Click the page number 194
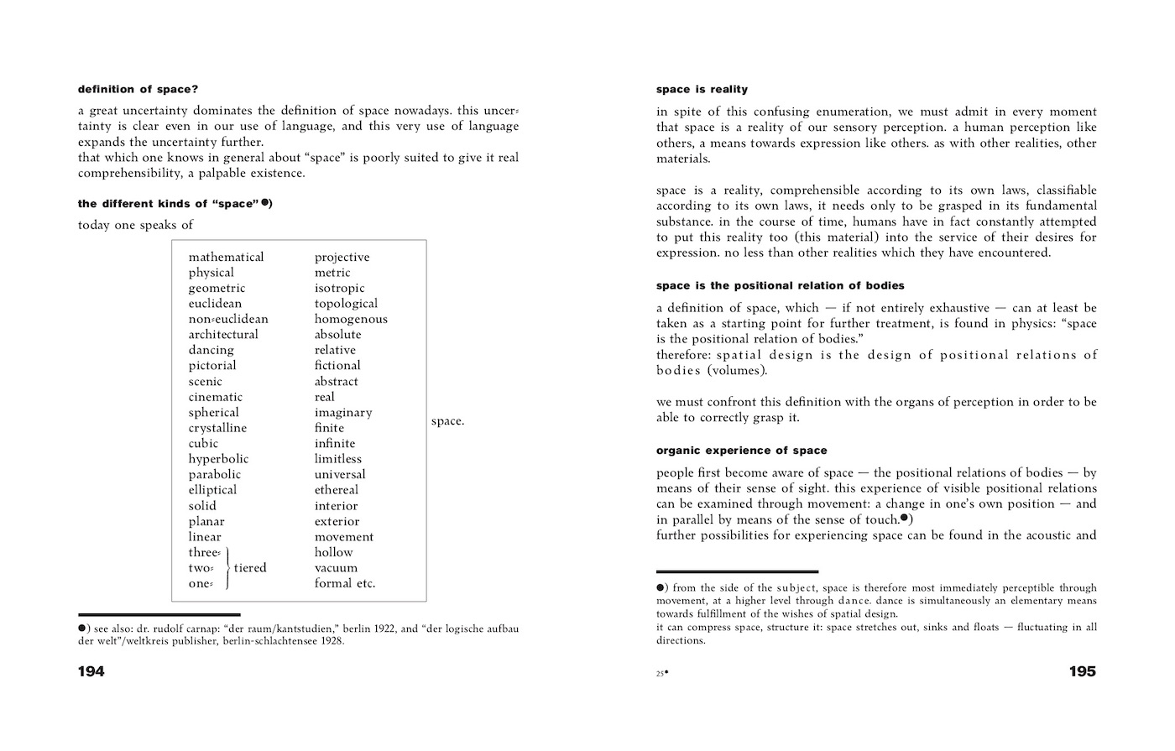[x=91, y=671]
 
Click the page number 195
[x=1082, y=671]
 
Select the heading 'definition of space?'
[x=138, y=89]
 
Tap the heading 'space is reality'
[x=702, y=89]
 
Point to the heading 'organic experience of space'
[x=741, y=451]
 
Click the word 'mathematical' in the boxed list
[x=226, y=257]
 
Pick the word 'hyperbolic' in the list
[x=218, y=459]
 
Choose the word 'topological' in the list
[x=346, y=304]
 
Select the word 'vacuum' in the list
[x=336, y=568]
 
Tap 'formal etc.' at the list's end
[x=345, y=583]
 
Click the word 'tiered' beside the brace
[x=250, y=568]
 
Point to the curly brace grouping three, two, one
[x=227, y=568]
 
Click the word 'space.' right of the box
[x=447, y=421]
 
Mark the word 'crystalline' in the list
[x=217, y=428]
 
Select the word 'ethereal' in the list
[x=337, y=490]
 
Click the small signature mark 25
[x=661, y=673]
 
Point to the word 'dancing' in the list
[x=211, y=350]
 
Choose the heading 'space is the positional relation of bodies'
[x=780, y=285]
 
